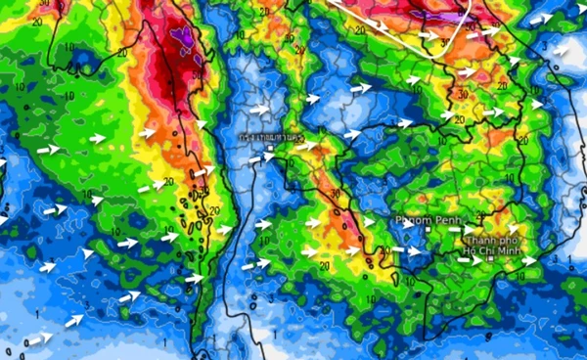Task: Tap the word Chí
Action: (x=484, y=251)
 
